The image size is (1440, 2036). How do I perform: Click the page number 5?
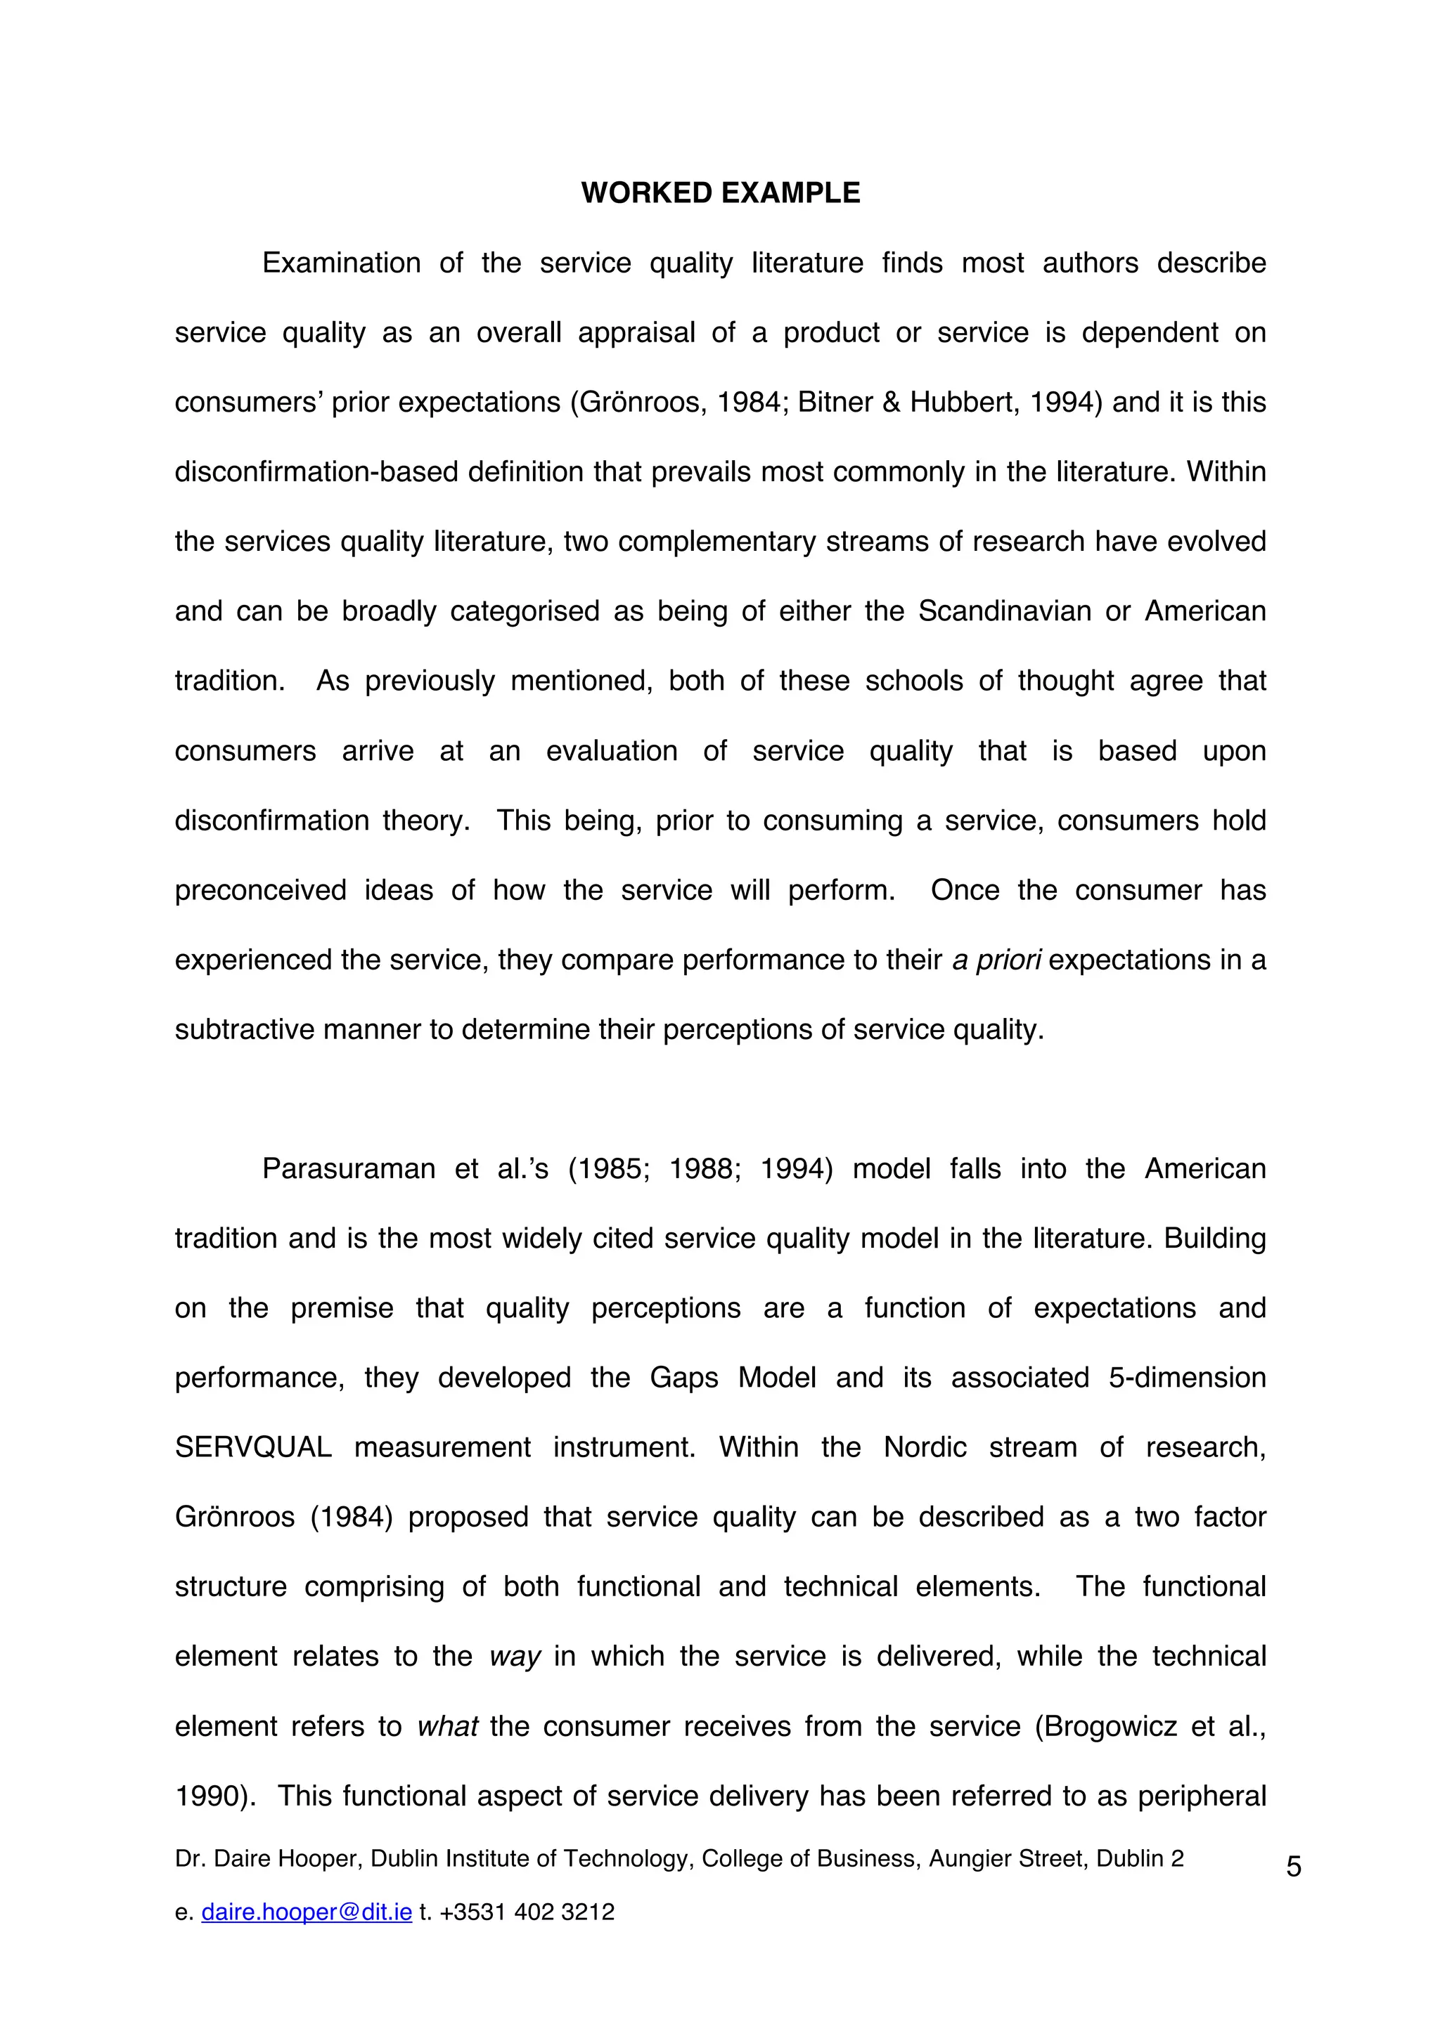[x=1294, y=1867]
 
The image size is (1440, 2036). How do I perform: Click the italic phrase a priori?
[x=996, y=960]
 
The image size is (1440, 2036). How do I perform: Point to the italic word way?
[x=515, y=1657]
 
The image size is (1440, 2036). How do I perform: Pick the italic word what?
[x=447, y=1725]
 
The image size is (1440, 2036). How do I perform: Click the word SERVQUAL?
[x=253, y=1447]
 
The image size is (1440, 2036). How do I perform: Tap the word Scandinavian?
[x=1004, y=611]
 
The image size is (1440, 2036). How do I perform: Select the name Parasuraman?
[x=349, y=1169]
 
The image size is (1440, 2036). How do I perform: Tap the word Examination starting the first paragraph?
[x=342, y=263]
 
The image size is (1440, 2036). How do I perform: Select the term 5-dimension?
[x=1186, y=1377]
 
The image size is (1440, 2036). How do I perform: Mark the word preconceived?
[x=260, y=889]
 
